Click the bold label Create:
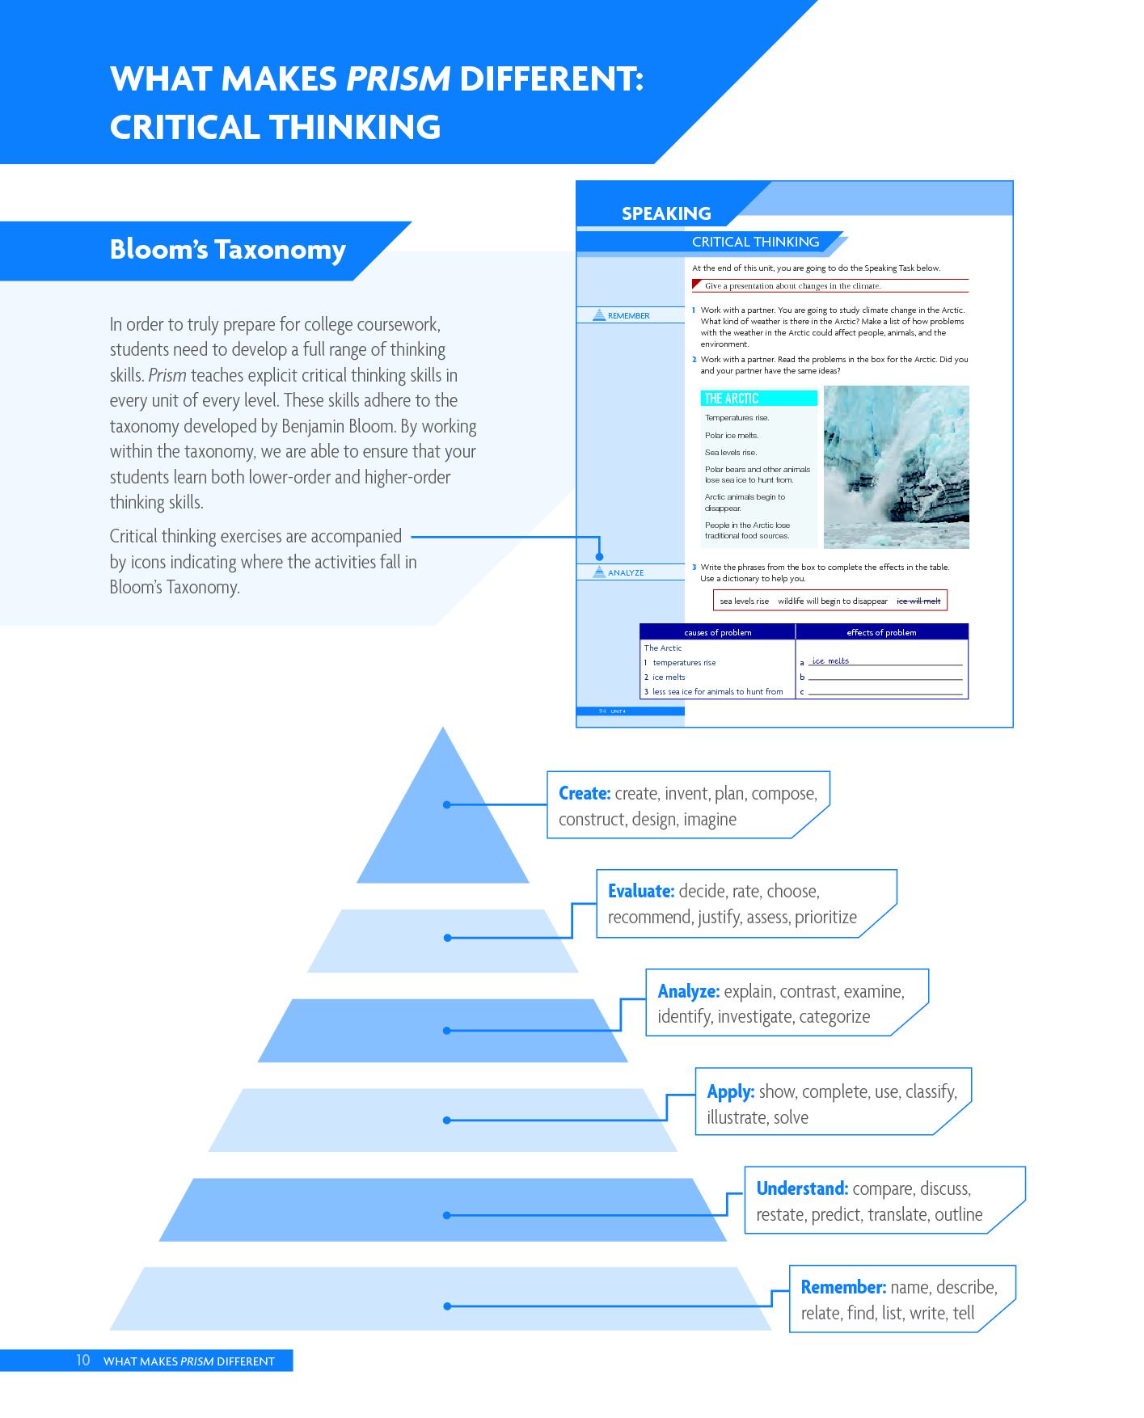[x=585, y=793]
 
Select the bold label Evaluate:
[x=641, y=891]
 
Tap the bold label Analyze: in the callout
[x=689, y=991]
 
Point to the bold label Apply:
[x=731, y=1091]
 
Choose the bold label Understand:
[x=802, y=1188]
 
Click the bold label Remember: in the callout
[x=844, y=1287]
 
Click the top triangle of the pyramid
[x=443, y=817]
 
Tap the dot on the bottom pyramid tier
[x=446, y=1306]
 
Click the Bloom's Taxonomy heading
[x=228, y=249]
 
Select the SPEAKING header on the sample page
[x=666, y=213]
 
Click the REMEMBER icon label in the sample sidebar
[x=628, y=315]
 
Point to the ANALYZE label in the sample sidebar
[x=626, y=572]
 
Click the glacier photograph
[x=896, y=467]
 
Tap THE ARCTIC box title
[x=732, y=399]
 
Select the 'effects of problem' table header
[x=881, y=632]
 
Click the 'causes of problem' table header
[x=718, y=632]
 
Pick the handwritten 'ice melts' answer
[x=831, y=660]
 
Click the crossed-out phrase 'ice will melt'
[x=918, y=601]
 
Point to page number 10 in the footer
[x=82, y=1360]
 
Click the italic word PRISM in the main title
[x=398, y=78]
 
